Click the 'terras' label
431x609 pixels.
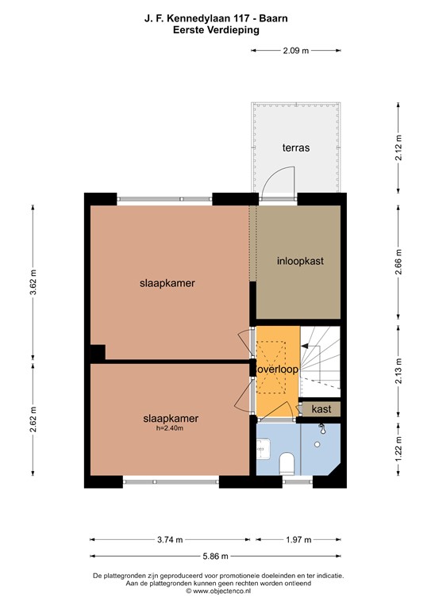tap(295, 147)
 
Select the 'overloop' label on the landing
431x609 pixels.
tap(277, 370)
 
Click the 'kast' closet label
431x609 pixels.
tap(321, 409)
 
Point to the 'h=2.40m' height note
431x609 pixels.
tap(170, 429)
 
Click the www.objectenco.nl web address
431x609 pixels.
tap(218, 591)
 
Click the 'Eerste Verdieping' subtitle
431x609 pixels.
tap(217, 29)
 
